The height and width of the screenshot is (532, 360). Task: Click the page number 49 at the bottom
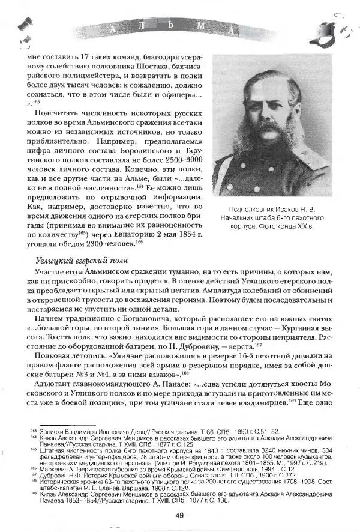coord(179,513)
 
